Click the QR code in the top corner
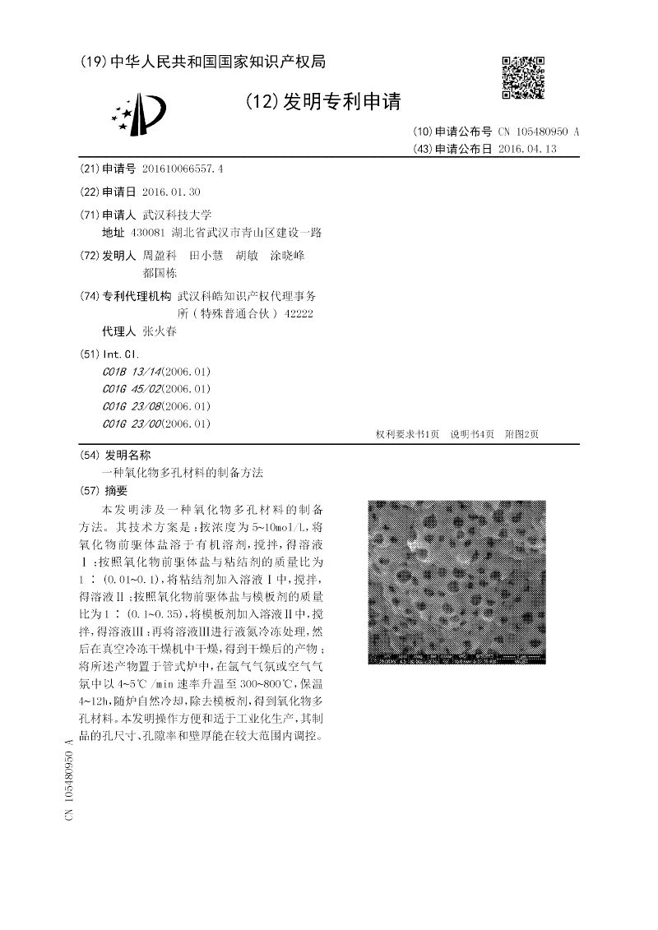point(523,77)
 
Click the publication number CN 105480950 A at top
point(539,132)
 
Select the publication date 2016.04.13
point(528,149)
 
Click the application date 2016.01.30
point(171,192)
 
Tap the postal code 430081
point(159,233)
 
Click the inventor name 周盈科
point(160,256)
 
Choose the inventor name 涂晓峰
point(287,256)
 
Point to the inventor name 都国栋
point(160,273)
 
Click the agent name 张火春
point(160,331)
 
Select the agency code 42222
point(298,313)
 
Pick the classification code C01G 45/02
point(132,388)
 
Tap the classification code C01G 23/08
point(132,406)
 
